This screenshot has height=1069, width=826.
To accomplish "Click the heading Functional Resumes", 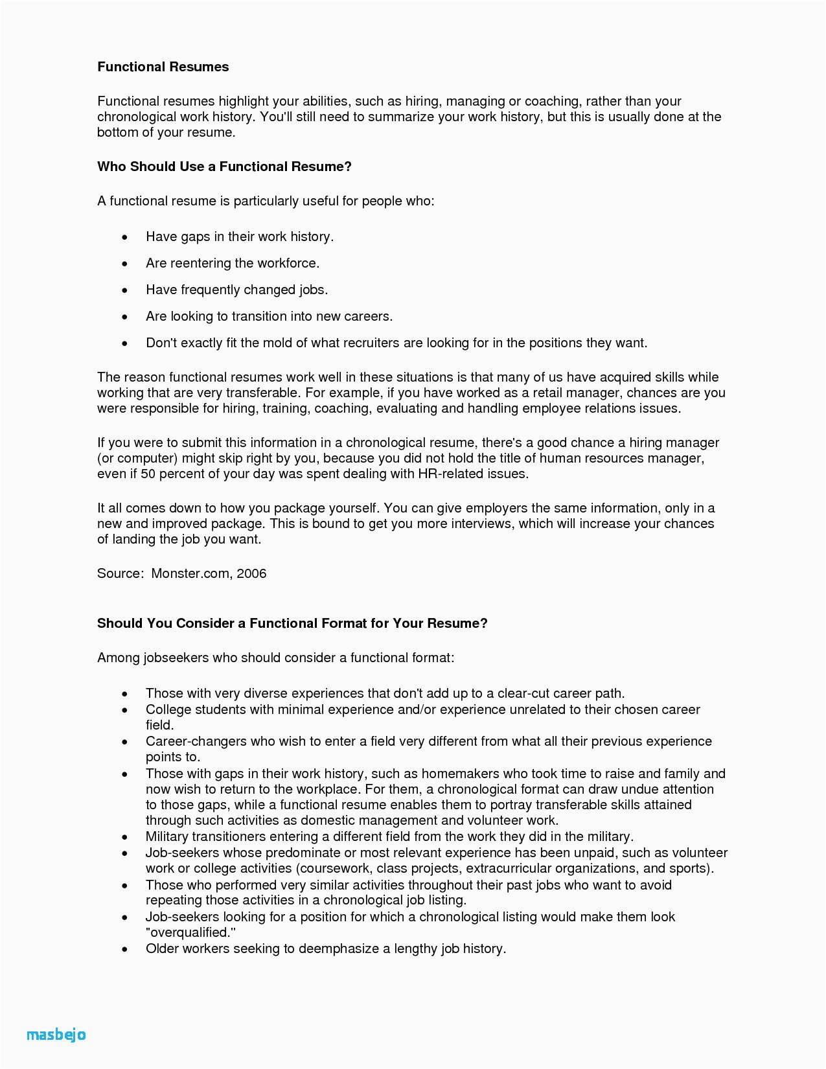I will click(x=163, y=67).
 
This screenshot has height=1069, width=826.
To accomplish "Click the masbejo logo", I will click(x=56, y=1035).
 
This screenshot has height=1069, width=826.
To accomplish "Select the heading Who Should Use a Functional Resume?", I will click(x=224, y=167).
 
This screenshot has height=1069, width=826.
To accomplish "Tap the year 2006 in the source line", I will click(x=251, y=573).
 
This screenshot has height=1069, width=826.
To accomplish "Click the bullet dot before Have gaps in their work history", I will click(x=125, y=237).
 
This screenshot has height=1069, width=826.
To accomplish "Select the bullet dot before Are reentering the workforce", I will click(x=125, y=264).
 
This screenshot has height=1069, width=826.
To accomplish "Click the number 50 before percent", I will click(x=148, y=474).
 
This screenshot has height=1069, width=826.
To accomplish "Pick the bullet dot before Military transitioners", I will click(x=125, y=837).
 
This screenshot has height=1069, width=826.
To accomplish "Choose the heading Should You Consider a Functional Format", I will click(x=292, y=623).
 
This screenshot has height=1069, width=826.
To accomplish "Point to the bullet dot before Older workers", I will click(x=125, y=949).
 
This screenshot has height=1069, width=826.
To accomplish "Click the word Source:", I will click(x=120, y=573).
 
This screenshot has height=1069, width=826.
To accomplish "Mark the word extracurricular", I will click(x=508, y=868).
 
